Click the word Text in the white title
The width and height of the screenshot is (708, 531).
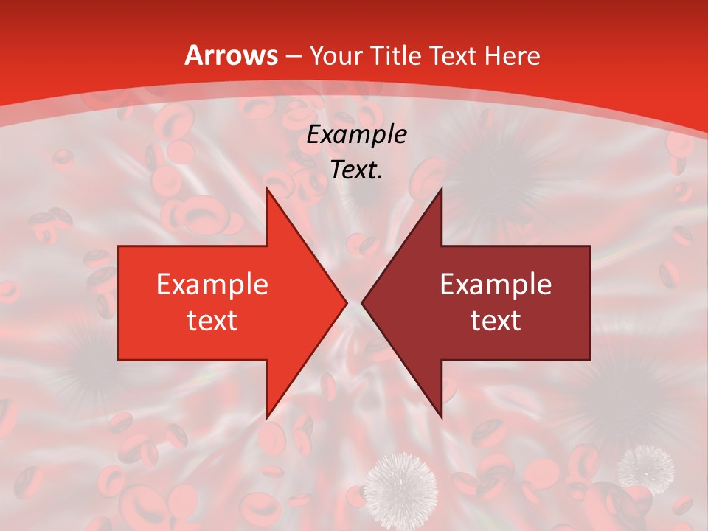(x=454, y=56)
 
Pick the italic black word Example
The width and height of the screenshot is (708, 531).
(x=357, y=135)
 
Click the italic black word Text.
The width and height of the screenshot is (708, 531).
(x=357, y=170)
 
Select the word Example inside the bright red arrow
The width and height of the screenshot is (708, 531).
(x=212, y=285)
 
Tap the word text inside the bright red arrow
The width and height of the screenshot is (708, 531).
(x=212, y=320)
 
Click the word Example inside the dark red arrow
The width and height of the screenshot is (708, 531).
(x=496, y=285)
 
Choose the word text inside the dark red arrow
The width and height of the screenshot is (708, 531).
(x=496, y=320)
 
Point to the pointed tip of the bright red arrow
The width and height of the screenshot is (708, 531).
(x=347, y=303)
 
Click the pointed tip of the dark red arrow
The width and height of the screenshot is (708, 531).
(x=362, y=303)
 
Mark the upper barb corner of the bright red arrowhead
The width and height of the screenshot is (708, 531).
(x=267, y=188)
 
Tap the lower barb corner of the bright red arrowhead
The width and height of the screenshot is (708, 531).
(x=267, y=418)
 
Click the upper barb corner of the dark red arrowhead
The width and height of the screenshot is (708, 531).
(x=441, y=188)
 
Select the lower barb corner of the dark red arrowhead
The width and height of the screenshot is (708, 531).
(x=441, y=418)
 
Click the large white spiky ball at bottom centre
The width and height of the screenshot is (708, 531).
(x=401, y=486)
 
